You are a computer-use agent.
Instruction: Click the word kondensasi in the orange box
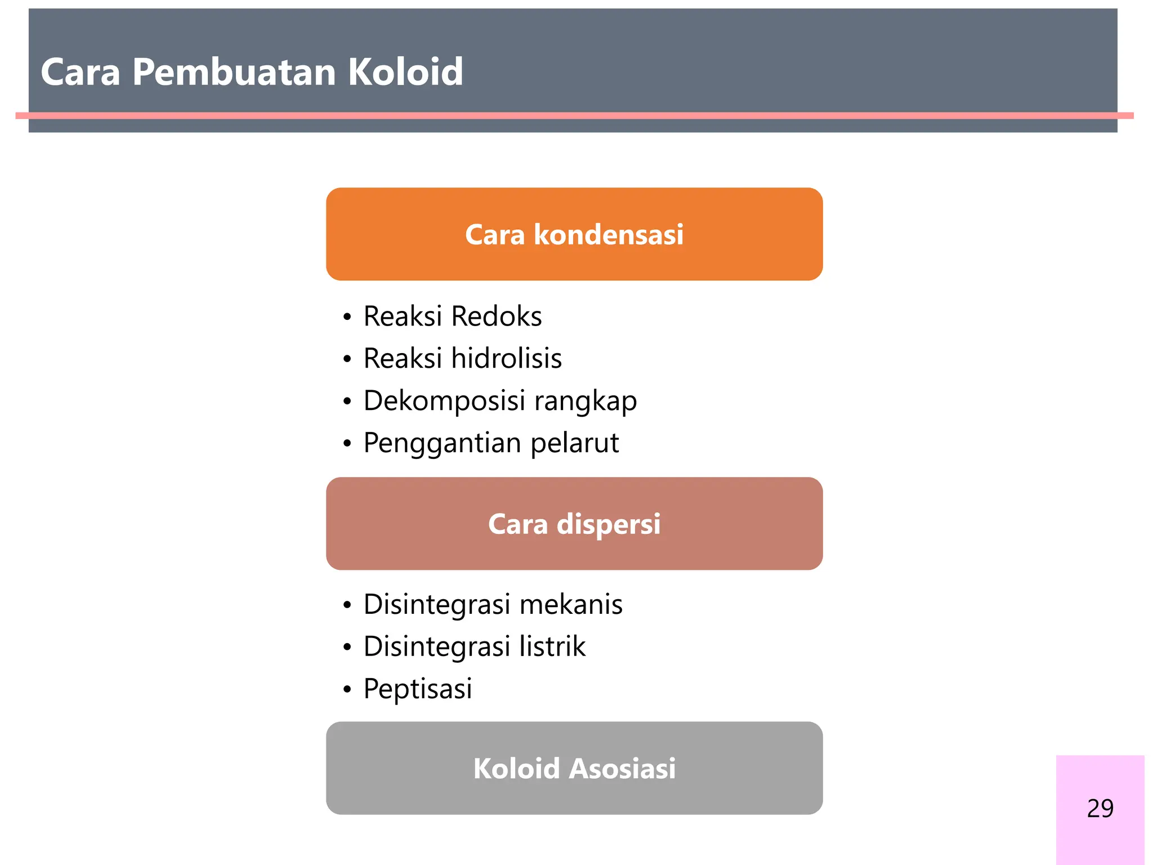coord(608,234)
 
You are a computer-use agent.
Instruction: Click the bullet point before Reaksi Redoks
coord(347,318)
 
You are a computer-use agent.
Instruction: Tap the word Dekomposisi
coord(444,401)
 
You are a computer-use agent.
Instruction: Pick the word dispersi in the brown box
coord(608,524)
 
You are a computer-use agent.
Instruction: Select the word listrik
coord(552,646)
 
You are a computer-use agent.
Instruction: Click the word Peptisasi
coord(417,689)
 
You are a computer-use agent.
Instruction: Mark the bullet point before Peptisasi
coord(347,689)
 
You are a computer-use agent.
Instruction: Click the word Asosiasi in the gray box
coord(622,769)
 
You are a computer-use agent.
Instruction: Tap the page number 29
coord(1100,808)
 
